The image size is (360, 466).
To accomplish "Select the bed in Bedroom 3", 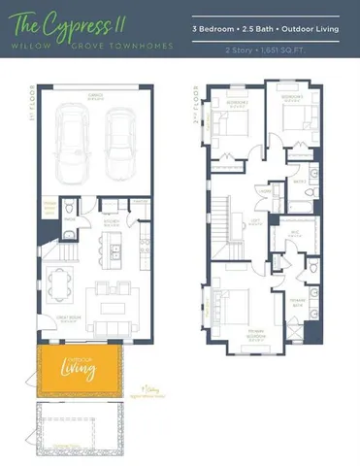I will click(298, 123).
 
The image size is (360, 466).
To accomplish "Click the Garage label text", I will click(95, 95).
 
